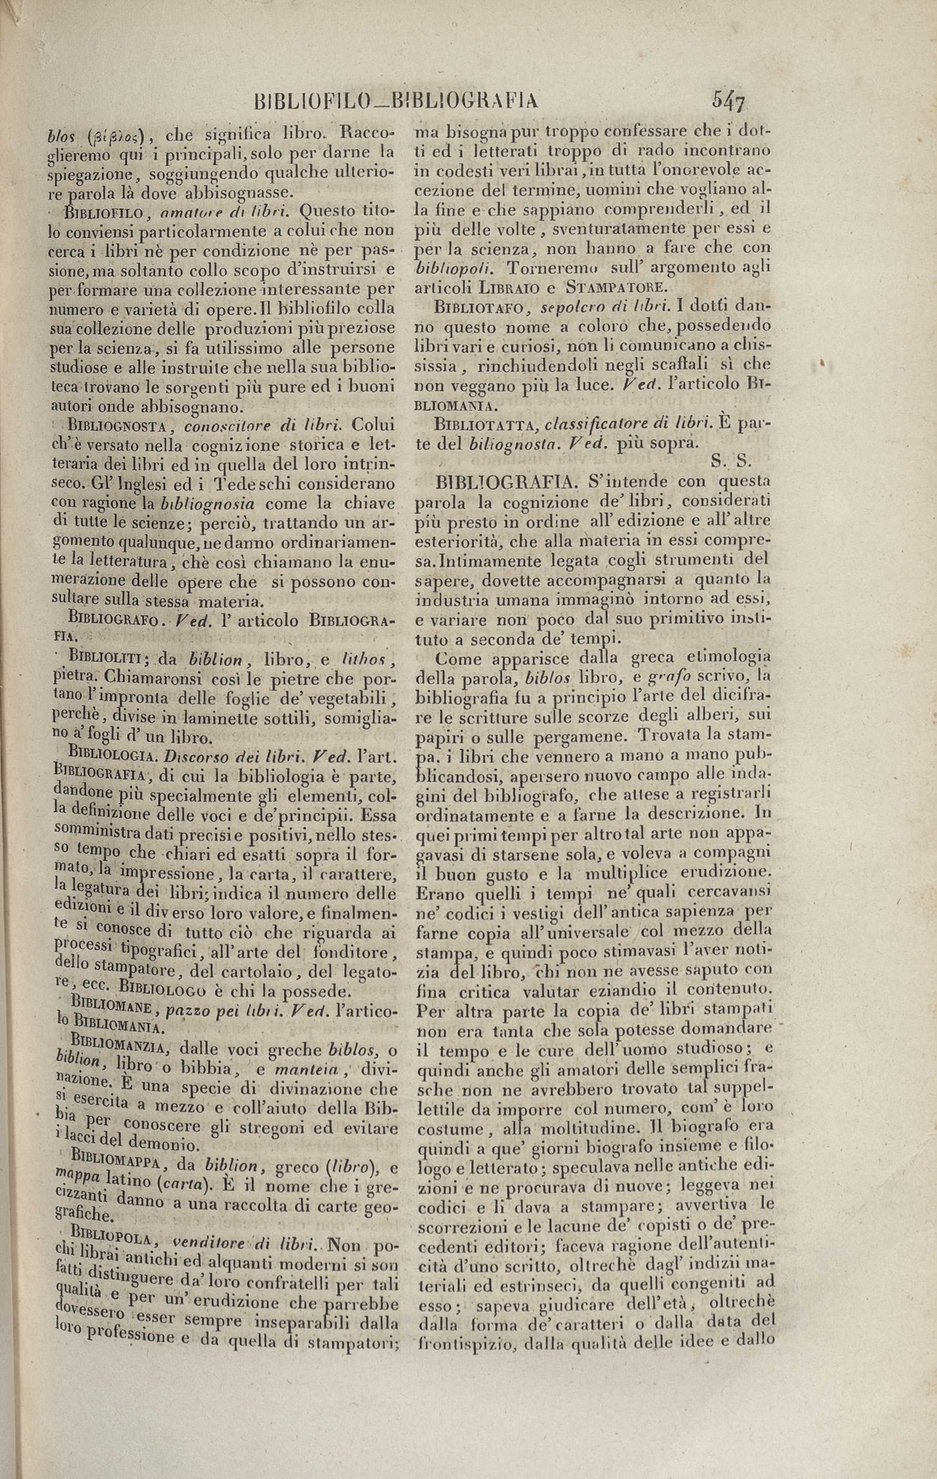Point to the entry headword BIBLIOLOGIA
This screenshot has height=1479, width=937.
[105, 754]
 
